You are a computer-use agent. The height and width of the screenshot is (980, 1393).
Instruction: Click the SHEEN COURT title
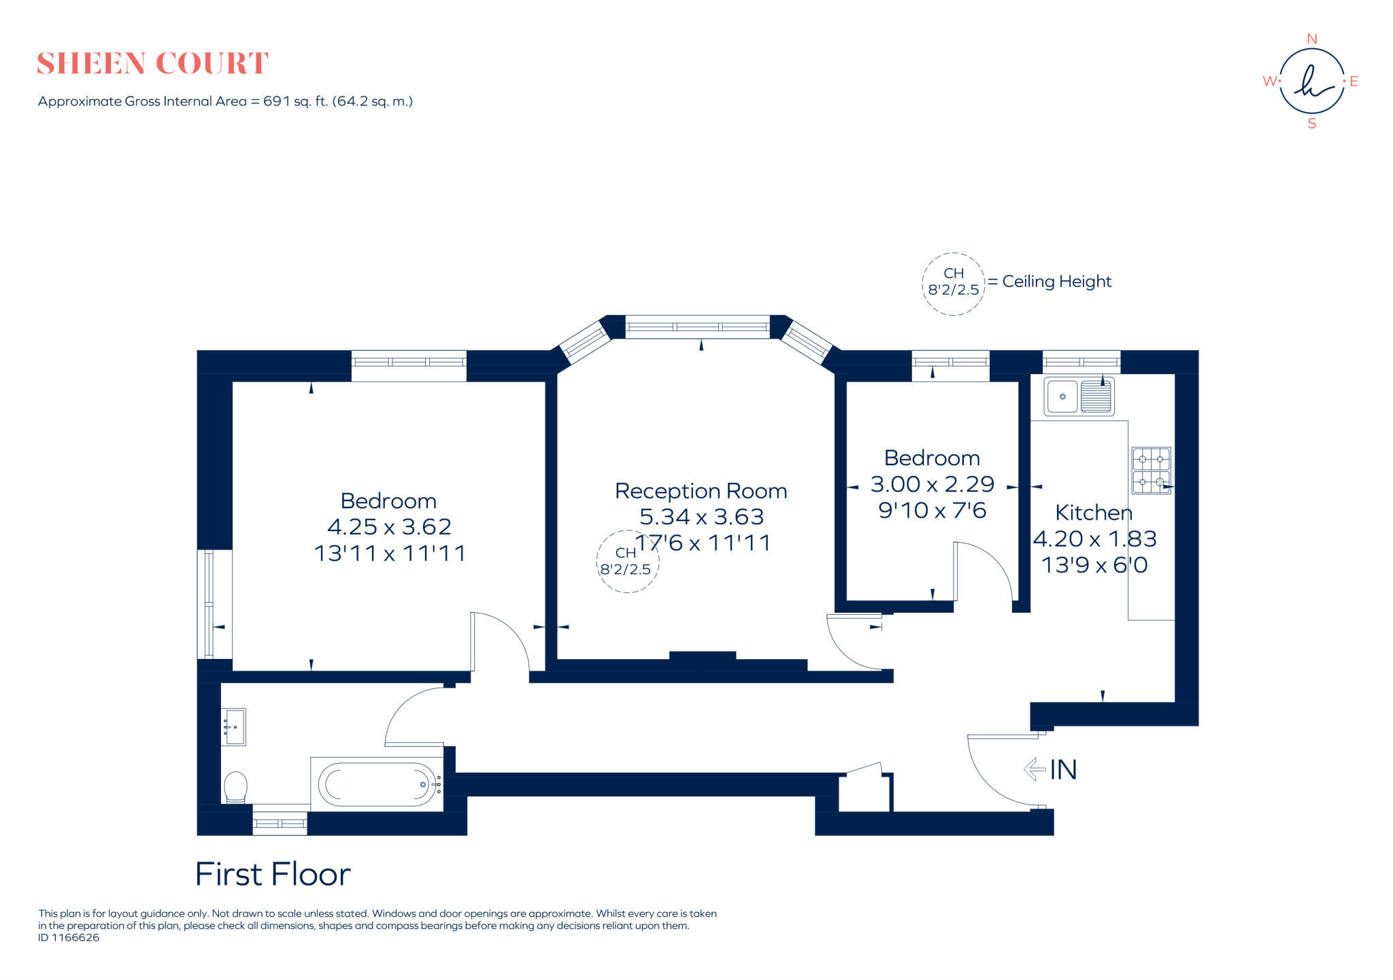point(152,63)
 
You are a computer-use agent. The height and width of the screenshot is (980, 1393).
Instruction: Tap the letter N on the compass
point(1312,39)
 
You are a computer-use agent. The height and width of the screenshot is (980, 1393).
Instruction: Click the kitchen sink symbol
point(1079,396)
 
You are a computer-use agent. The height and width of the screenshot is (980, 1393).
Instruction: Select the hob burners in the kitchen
point(1151,470)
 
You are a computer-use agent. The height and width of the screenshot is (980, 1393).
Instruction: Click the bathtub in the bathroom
point(377,784)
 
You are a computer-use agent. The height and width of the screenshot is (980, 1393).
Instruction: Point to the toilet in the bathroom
point(235,787)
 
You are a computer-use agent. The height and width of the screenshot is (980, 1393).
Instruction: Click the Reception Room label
point(701,491)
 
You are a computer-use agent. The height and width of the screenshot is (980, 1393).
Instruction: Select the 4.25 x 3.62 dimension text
point(389,527)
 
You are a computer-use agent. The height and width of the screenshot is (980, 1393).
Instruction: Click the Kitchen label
point(1093,513)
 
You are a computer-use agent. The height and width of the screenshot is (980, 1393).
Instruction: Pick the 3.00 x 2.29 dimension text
point(932,484)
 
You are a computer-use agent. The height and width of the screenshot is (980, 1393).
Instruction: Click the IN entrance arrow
point(1035,769)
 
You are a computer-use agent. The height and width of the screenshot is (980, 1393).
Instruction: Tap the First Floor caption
point(273,875)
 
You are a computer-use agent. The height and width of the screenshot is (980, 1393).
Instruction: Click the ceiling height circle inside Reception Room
point(626,562)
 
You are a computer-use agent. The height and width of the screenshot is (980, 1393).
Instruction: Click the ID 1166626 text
point(69,937)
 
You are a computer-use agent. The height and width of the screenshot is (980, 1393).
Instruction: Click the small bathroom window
point(280,823)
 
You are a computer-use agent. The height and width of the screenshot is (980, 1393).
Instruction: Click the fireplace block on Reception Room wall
point(703,656)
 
